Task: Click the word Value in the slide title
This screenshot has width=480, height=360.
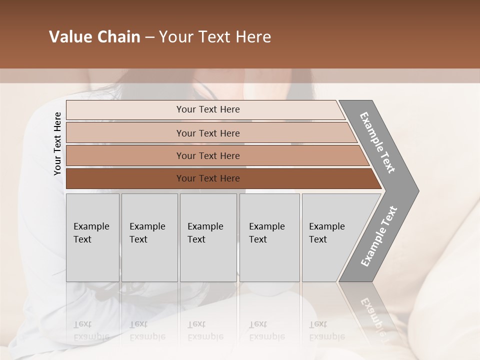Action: [69, 37]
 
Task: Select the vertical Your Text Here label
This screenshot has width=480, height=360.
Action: [57, 143]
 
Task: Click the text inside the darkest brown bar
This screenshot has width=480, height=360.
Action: [208, 178]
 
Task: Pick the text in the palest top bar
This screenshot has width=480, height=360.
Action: [208, 109]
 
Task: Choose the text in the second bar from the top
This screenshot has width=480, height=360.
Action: [208, 133]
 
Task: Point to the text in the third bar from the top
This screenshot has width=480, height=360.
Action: [208, 156]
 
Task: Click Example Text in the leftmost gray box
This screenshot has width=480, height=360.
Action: [91, 233]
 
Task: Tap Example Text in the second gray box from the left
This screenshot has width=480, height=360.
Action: [147, 233]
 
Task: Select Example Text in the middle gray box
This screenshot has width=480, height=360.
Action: [205, 233]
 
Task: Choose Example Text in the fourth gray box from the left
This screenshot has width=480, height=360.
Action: [266, 233]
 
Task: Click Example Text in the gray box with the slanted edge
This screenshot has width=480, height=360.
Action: [326, 233]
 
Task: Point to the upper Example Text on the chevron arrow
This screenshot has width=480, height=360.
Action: [377, 142]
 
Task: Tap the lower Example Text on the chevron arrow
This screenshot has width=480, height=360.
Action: [378, 236]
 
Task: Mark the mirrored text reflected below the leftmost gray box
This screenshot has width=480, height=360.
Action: [91, 330]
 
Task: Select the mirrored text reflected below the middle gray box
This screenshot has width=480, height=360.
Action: [205, 330]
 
